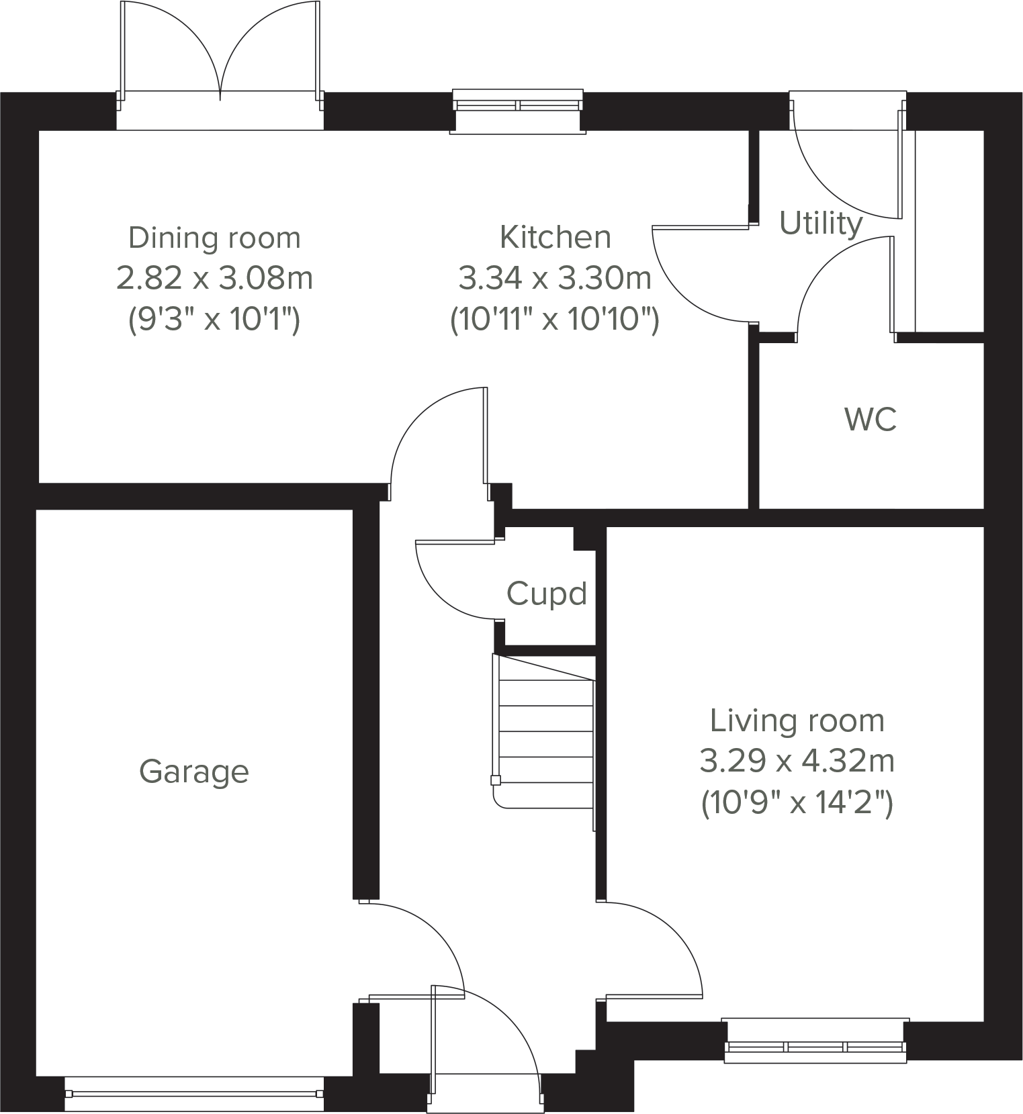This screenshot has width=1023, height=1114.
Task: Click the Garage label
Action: pyautogui.click(x=193, y=772)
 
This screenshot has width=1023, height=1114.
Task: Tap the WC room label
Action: pyautogui.click(x=870, y=420)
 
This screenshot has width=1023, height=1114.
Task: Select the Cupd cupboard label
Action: pyautogui.click(x=546, y=594)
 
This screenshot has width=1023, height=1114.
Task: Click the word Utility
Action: pyautogui.click(x=820, y=223)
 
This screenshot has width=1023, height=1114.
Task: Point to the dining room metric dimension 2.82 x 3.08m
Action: pyautogui.click(x=214, y=278)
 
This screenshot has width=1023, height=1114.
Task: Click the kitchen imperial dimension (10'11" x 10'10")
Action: pyautogui.click(x=554, y=319)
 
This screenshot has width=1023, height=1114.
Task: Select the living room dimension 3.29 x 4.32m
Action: pyautogui.click(x=797, y=761)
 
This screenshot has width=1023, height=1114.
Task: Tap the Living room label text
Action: pyautogui.click(x=797, y=721)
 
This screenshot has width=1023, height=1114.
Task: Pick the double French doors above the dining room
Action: pyautogui.click(x=220, y=54)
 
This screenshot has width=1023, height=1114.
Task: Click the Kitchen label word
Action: pyautogui.click(x=555, y=237)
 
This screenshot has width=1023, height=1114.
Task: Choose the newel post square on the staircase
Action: pyautogui.click(x=496, y=780)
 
